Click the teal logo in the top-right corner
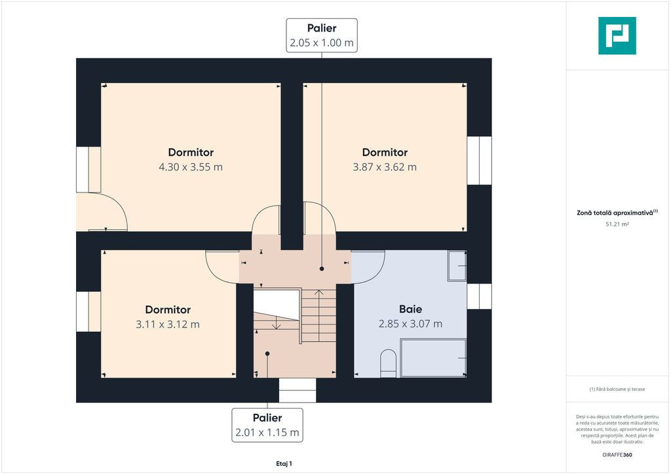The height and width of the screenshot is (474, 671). pyautogui.click(x=617, y=36)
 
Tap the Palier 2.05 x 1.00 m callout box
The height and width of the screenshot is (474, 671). pyautogui.click(x=322, y=35)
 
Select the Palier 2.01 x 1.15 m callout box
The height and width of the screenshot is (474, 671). pyautogui.click(x=267, y=425)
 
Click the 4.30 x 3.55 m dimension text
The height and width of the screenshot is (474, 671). pyautogui.click(x=191, y=167)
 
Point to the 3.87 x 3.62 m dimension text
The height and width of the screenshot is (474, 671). pyautogui.click(x=385, y=167)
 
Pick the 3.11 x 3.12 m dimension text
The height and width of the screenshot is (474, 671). pyautogui.click(x=168, y=325)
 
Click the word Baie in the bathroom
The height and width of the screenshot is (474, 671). pyautogui.click(x=410, y=309)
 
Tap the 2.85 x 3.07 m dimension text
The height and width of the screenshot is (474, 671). pyautogui.click(x=410, y=324)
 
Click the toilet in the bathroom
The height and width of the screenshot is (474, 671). pyautogui.click(x=389, y=364)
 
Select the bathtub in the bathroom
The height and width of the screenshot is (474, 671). pyautogui.click(x=433, y=358)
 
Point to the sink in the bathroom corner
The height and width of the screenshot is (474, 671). pyautogui.click(x=457, y=265)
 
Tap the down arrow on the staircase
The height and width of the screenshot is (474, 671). pyautogui.click(x=276, y=323)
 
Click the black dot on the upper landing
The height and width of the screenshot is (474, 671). pyautogui.click(x=322, y=269)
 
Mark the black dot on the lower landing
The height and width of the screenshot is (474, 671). pyautogui.click(x=267, y=354)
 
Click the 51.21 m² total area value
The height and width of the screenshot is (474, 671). pyautogui.click(x=617, y=224)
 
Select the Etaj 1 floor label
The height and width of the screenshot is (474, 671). pyautogui.click(x=284, y=464)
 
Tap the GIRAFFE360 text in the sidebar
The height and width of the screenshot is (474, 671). pyautogui.click(x=617, y=455)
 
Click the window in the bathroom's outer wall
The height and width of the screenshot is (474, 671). pyautogui.click(x=479, y=296)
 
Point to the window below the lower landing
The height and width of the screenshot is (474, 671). pyautogui.click(x=297, y=390)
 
